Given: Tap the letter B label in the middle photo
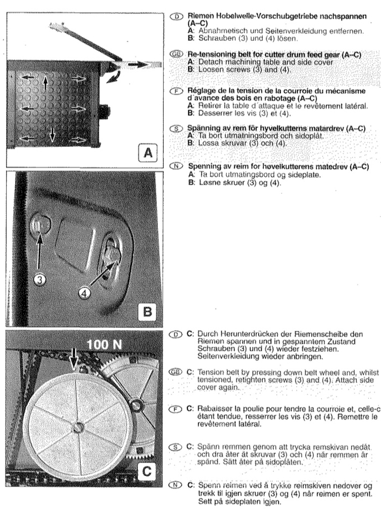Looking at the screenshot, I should [x=147, y=311].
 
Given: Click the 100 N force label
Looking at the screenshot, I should [x=104, y=345].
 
